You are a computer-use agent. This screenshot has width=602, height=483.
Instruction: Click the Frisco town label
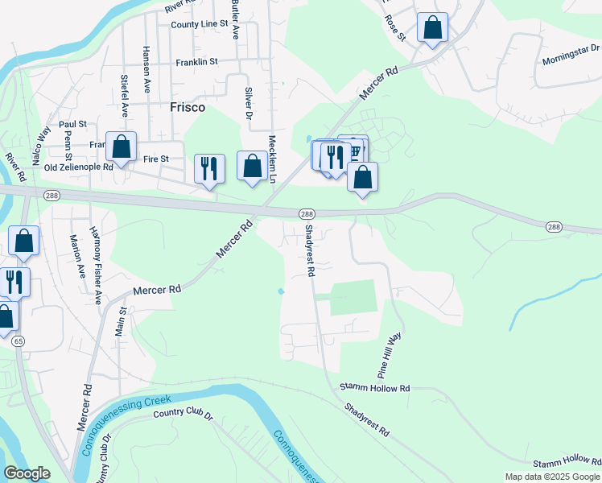click(x=187, y=107)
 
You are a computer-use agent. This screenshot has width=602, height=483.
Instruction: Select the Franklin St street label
click(x=197, y=61)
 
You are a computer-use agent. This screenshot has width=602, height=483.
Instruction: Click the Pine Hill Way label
click(x=390, y=356)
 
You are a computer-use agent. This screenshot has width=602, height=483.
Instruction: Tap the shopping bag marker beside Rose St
click(x=433, y=27)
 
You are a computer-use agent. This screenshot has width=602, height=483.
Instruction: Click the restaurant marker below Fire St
click(x=209, y=168)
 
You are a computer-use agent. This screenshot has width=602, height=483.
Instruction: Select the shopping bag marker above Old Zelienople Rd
click(x=122, y=147)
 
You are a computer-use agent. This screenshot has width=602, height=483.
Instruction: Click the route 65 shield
click(x=18, y=341)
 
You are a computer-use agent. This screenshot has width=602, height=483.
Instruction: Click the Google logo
click(x=27, y=473)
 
